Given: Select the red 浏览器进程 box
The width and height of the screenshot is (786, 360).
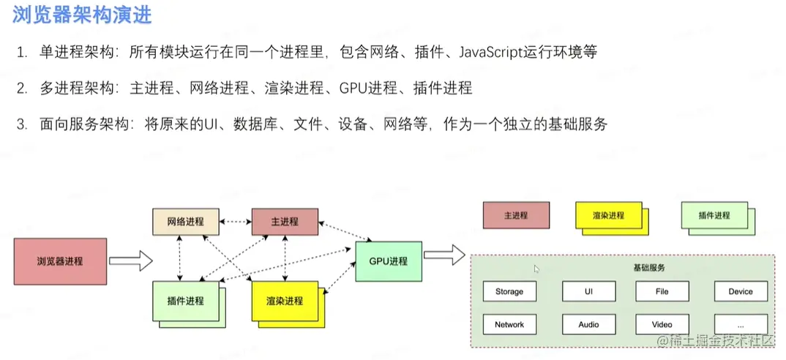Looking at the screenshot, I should [x=60, y=261].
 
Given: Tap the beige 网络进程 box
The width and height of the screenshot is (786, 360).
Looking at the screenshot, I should [x=185, y=222].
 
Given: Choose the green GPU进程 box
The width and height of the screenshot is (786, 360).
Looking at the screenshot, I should [x=388, y=261].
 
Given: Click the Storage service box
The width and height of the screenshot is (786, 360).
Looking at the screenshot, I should [x=509, y=291].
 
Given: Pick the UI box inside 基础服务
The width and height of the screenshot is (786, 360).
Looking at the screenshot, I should [x=588, y=291].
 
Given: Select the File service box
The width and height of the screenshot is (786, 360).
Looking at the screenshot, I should [x=662, y=291].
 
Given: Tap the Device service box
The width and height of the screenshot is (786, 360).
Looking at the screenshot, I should [x=741, y=291].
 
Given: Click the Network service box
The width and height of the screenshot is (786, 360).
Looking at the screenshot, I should [x=509, y=324].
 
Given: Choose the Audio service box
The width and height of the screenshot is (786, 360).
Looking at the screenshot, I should [x=588, y=324].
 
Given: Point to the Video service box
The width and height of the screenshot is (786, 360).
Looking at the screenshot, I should [x=662, y=324].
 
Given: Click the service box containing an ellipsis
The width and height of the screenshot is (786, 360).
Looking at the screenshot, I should [x=741, y=324].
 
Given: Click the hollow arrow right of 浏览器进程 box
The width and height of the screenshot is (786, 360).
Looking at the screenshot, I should [x=130, y=260].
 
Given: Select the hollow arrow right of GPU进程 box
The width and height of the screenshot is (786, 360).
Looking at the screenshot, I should [x=444, y=255].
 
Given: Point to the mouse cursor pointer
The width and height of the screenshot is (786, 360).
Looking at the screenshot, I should [x=536, y=269].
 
